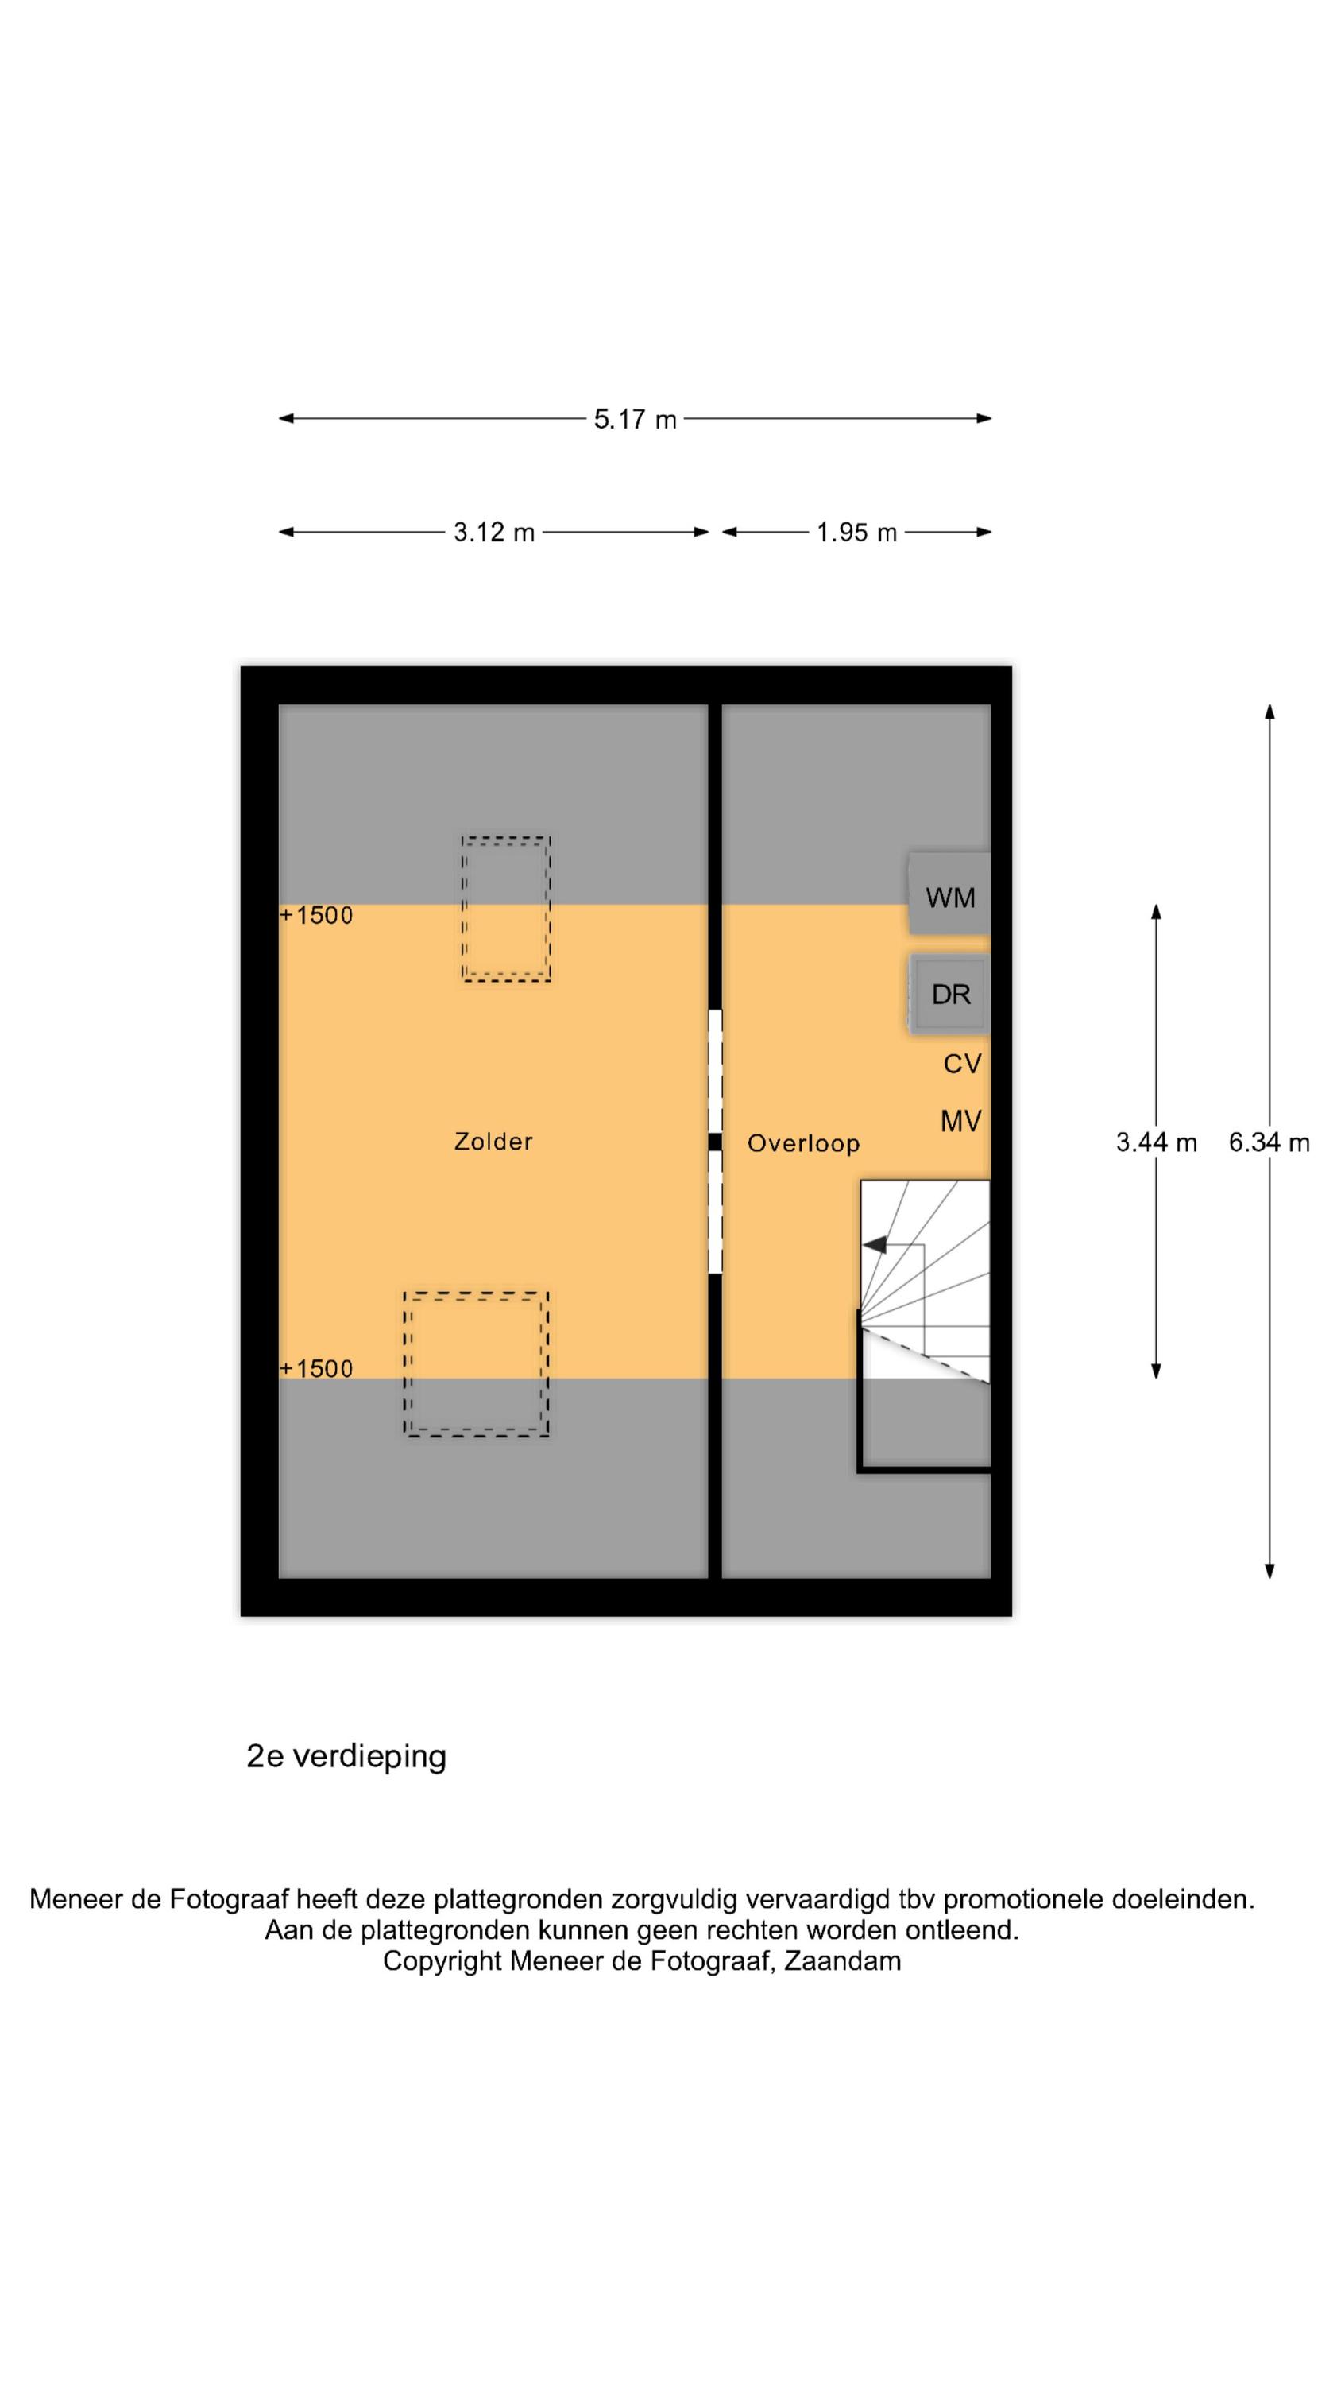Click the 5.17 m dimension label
[635, 420]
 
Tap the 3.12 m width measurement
[493, 533]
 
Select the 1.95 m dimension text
[856, 533]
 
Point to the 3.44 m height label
[1156, 1142]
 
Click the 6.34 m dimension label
[1269, 1142]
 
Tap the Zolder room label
[493, 1141]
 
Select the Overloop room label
[803, 1143]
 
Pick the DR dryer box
[949, 994]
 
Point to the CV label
[961, 1064]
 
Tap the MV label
[960, 1121]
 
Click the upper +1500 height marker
[315, 915]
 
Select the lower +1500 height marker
[315, 1368]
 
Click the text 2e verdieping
[346, 1756]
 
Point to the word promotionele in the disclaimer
[1023, 1899]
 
